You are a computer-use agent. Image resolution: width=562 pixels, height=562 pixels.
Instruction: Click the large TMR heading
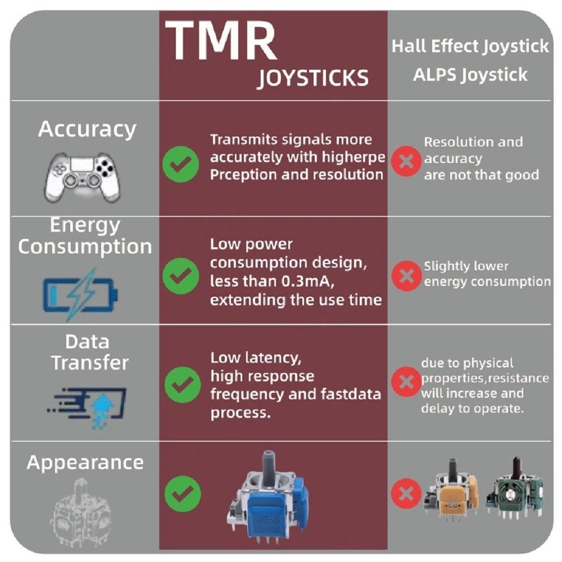coord(221,40)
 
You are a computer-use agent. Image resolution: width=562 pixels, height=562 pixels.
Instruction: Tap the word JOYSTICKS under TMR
coord(313,78)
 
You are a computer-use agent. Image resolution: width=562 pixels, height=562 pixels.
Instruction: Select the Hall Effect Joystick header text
coord(470,46)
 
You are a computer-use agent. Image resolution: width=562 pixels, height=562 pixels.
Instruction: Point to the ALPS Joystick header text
coord(470,75)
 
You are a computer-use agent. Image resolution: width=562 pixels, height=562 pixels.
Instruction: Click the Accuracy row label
coord(87,129)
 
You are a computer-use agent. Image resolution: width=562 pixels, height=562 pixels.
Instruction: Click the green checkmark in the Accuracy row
coord(180,164)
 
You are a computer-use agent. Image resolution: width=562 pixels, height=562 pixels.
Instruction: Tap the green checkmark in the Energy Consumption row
coord(180,275)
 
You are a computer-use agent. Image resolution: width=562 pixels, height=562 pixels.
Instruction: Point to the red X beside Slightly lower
coord(406,275)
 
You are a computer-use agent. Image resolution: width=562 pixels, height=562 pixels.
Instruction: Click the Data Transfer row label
coord(89,352)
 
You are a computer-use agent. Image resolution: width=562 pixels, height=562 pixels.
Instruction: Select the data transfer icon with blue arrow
coord(87,408)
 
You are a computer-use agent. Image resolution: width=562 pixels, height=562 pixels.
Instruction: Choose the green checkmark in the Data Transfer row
coord(183,384)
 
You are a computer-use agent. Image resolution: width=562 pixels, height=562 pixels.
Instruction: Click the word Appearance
coord(85,463)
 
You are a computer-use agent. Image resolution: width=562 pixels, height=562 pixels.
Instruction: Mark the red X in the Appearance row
coord(406,493)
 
